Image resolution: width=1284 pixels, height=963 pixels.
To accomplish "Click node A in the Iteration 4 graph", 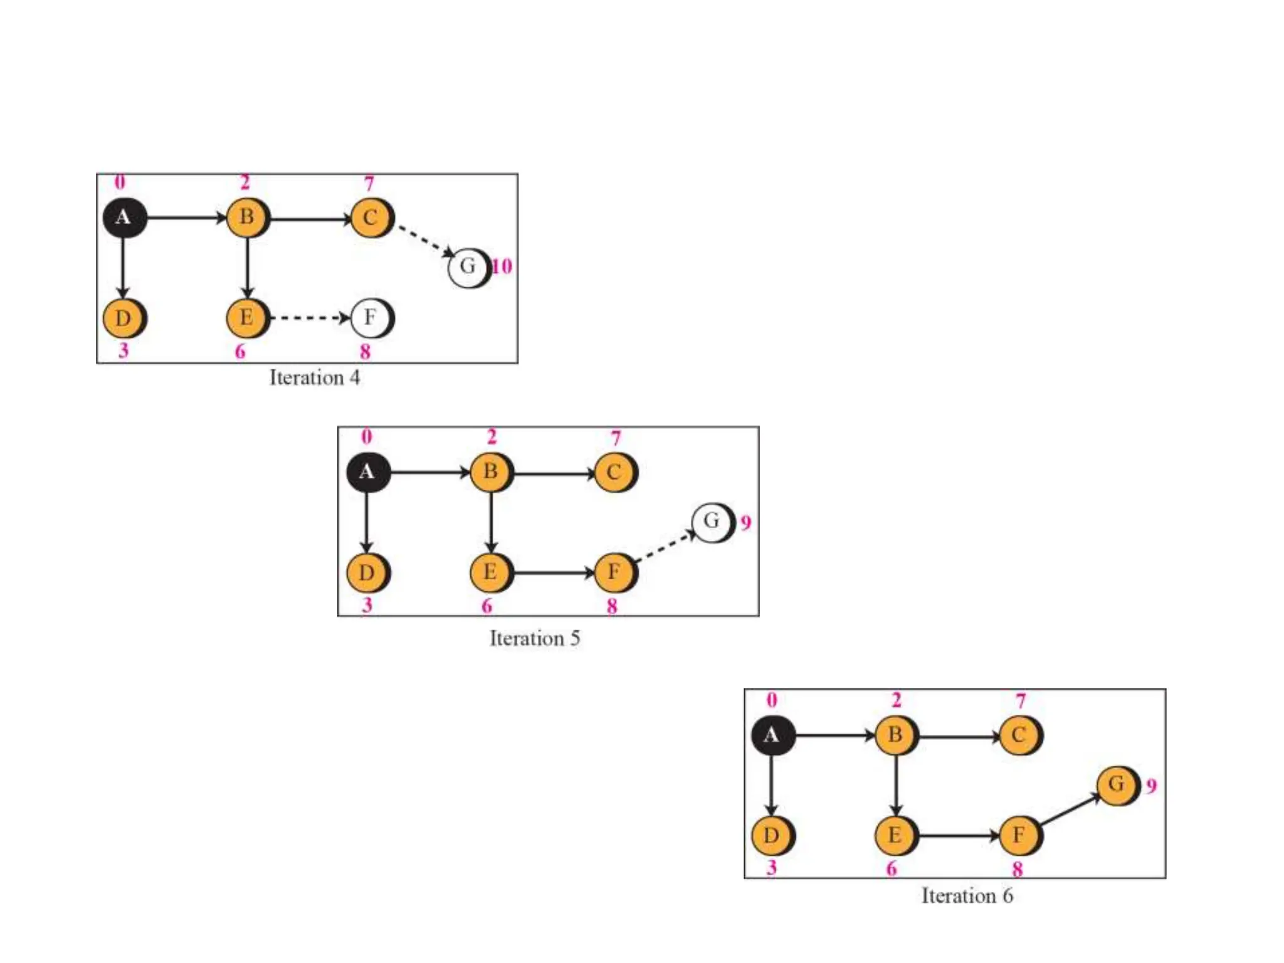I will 124,218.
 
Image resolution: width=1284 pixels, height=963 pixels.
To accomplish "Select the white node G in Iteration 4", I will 468,267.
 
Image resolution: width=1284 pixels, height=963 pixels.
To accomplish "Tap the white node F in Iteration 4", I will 371,318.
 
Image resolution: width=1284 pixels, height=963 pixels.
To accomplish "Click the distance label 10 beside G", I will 502,266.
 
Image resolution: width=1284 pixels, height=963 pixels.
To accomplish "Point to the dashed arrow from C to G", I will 425,240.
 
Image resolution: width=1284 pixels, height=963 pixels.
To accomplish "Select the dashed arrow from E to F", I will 310,318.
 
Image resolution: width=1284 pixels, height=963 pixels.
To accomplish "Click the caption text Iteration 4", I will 314,377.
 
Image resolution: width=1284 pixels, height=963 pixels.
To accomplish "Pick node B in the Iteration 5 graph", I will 491,471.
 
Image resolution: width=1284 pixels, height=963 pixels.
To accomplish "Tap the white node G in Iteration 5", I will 712,521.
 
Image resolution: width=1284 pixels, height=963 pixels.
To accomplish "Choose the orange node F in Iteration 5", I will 614,572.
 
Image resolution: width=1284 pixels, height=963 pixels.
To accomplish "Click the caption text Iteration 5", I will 535,638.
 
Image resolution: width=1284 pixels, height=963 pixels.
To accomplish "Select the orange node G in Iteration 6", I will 1117,784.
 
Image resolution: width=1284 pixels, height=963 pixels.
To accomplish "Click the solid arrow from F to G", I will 1070,811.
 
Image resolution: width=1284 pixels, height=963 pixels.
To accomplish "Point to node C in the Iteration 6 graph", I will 1019,735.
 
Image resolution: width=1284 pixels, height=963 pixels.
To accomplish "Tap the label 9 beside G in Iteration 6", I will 1151,786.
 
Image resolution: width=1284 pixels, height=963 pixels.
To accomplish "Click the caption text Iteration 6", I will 967,895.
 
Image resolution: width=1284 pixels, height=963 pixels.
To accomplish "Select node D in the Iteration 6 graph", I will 772,835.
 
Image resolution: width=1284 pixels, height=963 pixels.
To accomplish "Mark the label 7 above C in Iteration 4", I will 369,183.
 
